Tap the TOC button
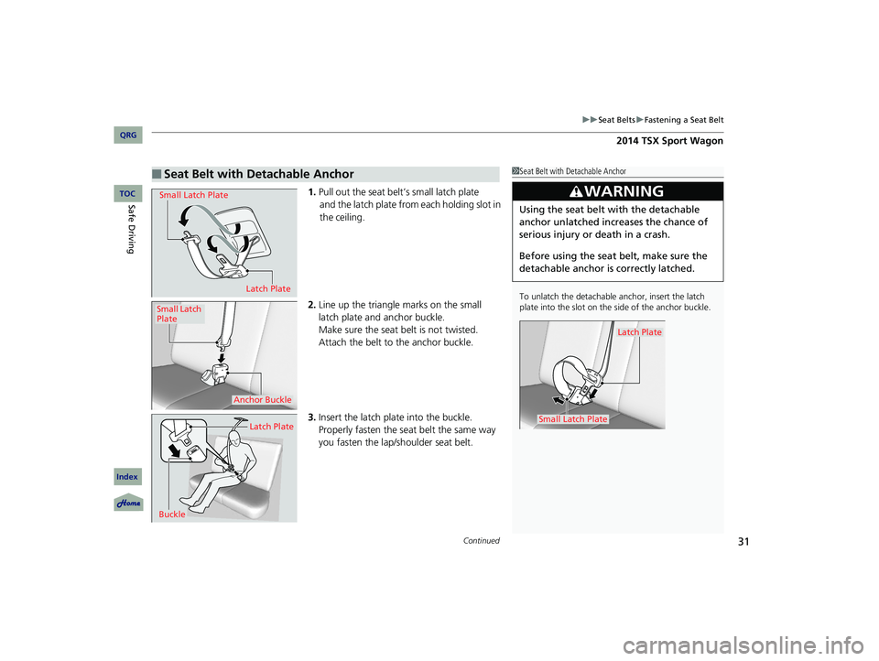coord(126,193)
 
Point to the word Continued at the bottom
coord(483,541)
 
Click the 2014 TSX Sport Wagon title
coord(671,141)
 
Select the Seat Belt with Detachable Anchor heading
coord(257,174)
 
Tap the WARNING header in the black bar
coord(617,191)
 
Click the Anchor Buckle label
coord(263,399)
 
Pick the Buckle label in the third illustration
coord(171,515)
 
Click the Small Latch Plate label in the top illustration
coord(193,195)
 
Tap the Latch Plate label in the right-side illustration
coord(639,332)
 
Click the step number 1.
coord(312,191)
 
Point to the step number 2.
coord(312,304)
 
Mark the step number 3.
coord(312,417)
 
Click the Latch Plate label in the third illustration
coord(271,427)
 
